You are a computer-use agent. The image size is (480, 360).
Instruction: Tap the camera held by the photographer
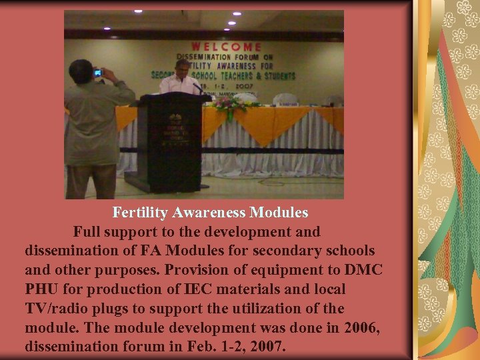pyautogui.click(x=98, y=73)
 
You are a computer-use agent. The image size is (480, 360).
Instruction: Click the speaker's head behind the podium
pyautogui.click(x=182, y=67)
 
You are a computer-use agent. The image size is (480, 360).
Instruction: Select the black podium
pyautogui.click(x=167, y=140)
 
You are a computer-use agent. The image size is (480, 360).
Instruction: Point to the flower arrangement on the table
pyautogui.click(x=234, y=105)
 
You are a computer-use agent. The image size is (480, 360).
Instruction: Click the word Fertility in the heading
pyautogui.click(x=141, y=213)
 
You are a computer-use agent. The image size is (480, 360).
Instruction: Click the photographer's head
pyautogui.click(x=82, y=69)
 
